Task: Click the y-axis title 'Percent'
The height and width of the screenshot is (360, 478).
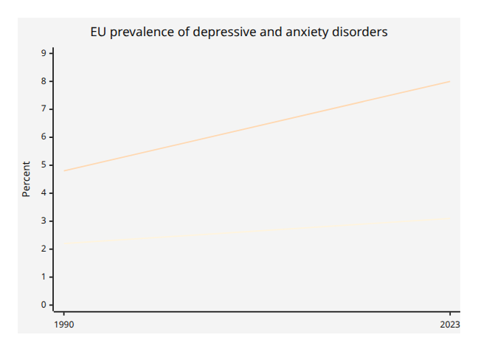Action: [x=27, y=179]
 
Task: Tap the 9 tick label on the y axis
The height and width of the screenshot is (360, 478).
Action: [x=44, y=53]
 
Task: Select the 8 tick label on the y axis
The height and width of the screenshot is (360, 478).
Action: [x=44, y=81]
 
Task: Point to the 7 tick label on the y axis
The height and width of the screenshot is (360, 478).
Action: [x=44, y=109]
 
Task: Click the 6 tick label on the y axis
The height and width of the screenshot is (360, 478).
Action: [x=44, y=137]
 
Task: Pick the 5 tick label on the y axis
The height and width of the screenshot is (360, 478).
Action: [x=44, y=165]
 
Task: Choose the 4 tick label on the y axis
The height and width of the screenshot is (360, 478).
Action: [x=44, y=193]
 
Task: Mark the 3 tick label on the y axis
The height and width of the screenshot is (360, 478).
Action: [x=44, y=221]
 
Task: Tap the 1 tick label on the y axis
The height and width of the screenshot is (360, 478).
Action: [x=44, y=277]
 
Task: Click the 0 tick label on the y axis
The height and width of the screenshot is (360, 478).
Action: [x=44, y=305]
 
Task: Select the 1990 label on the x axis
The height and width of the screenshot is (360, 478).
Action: [x=64, y=325]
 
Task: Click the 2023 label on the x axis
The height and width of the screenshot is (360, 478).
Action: [x=450, y=325]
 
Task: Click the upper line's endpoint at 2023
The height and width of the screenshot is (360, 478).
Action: [x=450, y=81]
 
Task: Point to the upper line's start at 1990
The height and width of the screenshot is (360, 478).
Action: [x=64, y=170]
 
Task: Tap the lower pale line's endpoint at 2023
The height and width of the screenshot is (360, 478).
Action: [x=450, y=218]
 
